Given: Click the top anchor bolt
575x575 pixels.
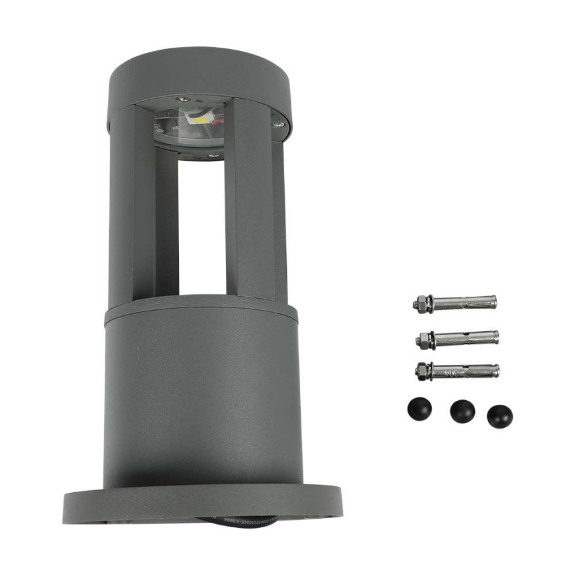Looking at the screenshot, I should [x=456, y=303].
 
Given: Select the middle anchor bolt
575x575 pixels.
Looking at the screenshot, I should [x=457, y=338].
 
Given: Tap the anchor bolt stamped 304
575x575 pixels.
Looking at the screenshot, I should [x=457, y=370].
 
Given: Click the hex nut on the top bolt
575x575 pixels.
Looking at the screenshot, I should [x=419, y=305].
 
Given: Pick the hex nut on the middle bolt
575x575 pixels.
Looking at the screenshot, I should [x=421, y=340].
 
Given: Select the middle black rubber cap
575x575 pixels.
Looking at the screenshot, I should [x=462, y=411].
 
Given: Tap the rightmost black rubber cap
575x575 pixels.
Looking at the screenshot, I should [x=499, y=416].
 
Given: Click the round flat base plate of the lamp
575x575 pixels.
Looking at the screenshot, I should [x=202, y=504].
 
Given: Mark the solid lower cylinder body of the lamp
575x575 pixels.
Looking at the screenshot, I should [x=202, y=397].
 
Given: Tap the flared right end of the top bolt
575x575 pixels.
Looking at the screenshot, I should [x=489, y=302].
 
